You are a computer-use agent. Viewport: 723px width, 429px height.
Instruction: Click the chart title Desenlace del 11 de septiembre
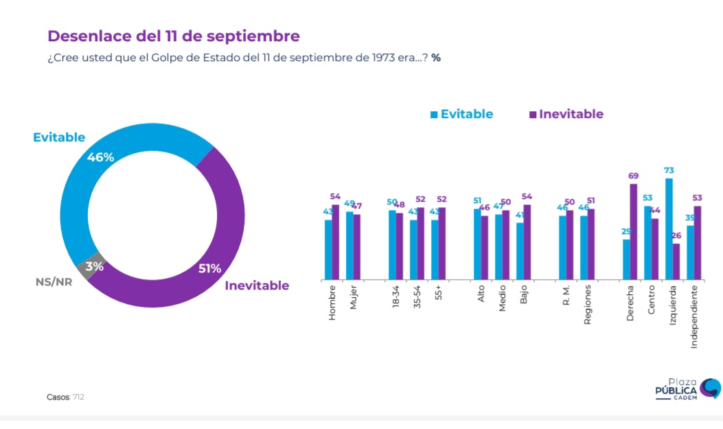(x=173, y=36)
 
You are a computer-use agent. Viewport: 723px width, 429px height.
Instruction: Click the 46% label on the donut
(x=100, y=157)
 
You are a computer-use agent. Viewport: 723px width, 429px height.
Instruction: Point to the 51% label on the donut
(x=209, y=268)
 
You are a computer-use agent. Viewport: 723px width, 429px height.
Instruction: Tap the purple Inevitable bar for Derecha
(x=633, y=231)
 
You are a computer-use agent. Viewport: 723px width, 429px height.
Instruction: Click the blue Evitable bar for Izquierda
(x=669, y=229)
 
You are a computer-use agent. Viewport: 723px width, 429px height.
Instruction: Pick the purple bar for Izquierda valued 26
(x=676, y=262)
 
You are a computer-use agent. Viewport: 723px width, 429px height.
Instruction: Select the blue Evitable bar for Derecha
(x=626, y=259)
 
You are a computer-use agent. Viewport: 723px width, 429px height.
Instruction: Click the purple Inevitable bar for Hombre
(x=335, y=242)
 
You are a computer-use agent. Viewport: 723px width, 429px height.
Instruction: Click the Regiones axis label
(x=587, y=305)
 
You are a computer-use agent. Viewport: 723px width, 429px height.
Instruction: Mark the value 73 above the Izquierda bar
(x=669, y=170)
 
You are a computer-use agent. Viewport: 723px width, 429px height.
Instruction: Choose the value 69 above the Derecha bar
(x=633, y=176)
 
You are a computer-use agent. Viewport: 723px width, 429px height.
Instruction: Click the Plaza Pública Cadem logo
(x=687, y=389)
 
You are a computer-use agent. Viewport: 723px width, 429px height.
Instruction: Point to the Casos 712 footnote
(x=65, y=397)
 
